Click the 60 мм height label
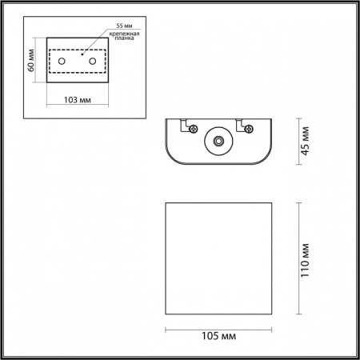point(32,61)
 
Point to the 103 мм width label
point(77,101)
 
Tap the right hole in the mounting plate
point(93,62)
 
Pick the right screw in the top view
point(250,127)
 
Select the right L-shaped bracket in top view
point(242,126)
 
